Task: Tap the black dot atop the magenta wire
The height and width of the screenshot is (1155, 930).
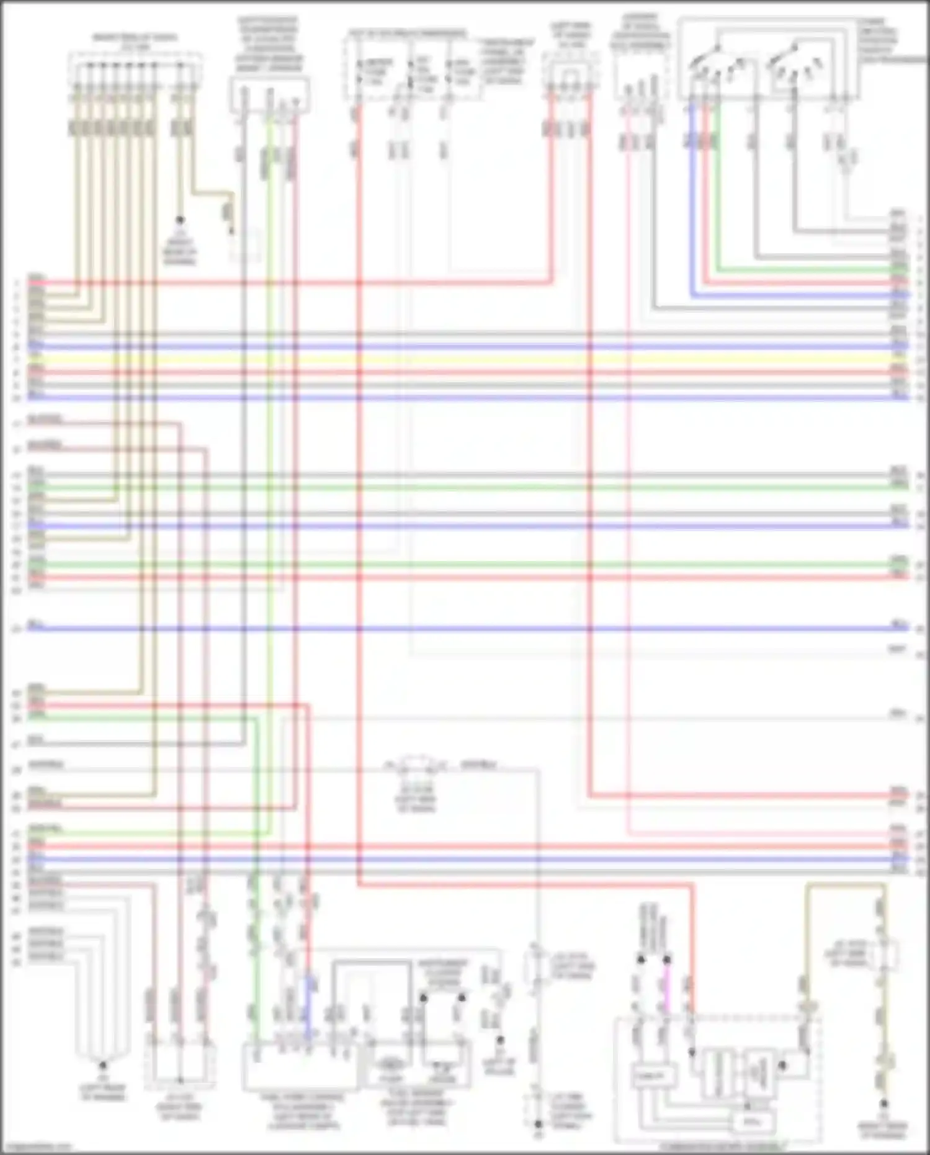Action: pyautogui.click(x=667, y=960)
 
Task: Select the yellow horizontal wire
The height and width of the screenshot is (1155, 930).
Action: pyautogui.click(x=465, y=359)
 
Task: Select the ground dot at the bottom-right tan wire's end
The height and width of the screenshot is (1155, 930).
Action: pyautogui.click(x=884, y=1104)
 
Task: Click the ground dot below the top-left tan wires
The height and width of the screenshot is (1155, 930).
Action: pyautogui.click(x=180, y=220)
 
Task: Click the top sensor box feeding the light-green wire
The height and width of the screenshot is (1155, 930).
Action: pyautogui.click(x=270, y=93)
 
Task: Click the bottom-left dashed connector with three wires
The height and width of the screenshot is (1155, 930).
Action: pyautogui.click(x=180, y=1064)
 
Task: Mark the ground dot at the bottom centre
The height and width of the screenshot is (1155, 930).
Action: pyautogui.click(x=539, y=1124)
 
